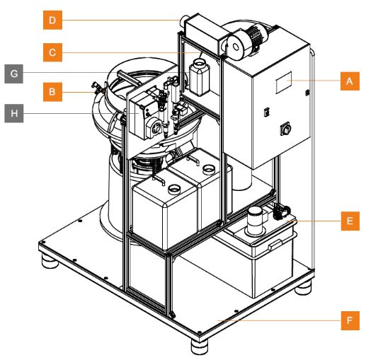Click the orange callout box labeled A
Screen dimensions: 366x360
(350, 81)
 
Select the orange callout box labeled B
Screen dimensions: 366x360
(52, 92)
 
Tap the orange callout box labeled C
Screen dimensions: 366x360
(52, 52)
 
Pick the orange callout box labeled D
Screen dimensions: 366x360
(52, 20)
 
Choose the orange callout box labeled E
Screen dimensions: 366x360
(350, 221)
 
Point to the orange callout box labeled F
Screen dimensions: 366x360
(350, 320)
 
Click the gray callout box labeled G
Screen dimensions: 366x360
(14, 74)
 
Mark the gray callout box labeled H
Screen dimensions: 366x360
(14, 113)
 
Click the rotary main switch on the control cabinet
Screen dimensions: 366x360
(285, 129)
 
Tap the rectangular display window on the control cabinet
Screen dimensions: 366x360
(284, 83)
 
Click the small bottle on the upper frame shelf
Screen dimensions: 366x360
(200, 77)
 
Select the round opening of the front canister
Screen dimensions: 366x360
(175, 189)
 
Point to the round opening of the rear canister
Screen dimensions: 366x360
(209, 168)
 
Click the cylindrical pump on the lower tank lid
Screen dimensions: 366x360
(255, 220)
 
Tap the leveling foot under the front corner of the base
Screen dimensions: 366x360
(200, 347)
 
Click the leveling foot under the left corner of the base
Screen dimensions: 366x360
(50, 261)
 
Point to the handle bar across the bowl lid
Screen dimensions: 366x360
(129, 78)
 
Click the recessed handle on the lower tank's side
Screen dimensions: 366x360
(275, 244)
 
